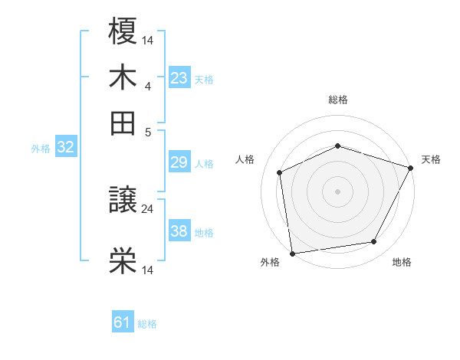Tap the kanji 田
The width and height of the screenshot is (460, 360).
click(x=123, y=122)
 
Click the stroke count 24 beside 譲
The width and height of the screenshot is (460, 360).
click(x=148, y=208)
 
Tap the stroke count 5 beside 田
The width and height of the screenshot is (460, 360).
click(x=148, y=131)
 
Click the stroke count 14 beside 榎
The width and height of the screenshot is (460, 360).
click(x=148, y=39)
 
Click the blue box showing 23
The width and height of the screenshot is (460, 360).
click(x=179, y=77)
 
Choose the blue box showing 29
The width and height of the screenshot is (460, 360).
click(x=179, y=163)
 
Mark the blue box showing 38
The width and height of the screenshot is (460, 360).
click(x=179, y=232)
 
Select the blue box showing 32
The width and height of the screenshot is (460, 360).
click(x=65, y=148)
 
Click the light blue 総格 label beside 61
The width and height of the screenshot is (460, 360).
click(x=147, y=324)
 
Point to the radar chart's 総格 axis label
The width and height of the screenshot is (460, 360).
click(x=337, y=100)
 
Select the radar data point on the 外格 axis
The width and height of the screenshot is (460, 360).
click(x=292, y=253)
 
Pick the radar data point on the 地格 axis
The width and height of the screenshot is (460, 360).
click(x=374, y=242)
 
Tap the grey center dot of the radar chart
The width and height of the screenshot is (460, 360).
click(x=337, y=191)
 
